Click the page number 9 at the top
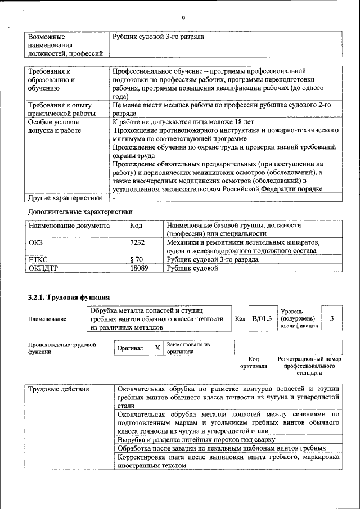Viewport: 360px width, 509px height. (183, 17)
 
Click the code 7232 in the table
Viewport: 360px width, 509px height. (138, 242)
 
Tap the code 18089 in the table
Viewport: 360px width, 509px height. (139, 269)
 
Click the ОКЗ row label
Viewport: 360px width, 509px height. (36, 242)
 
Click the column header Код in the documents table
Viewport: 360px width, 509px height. (136, 225)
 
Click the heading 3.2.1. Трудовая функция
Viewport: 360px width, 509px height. (69, 296)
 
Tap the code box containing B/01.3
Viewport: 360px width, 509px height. (262, 318)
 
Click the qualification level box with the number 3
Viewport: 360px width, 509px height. (332, 318)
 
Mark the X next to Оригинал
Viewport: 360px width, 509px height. (157, 348)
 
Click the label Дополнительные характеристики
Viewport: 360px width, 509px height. (80, 211)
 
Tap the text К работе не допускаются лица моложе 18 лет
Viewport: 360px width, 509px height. (183, 121)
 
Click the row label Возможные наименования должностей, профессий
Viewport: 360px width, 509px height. (65, 45)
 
